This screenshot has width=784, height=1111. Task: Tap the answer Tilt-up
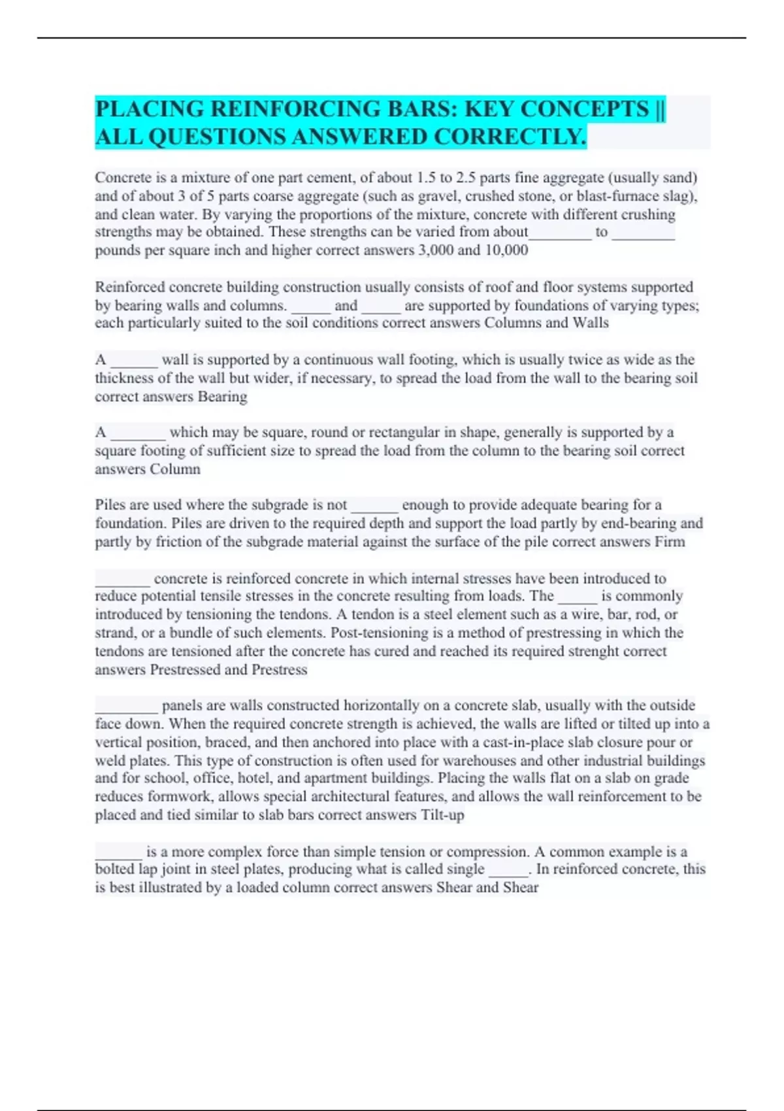pyautogui.click(x=442, y=815)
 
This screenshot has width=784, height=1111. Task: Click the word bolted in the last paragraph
pyautogui.click(x=114, y=869)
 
